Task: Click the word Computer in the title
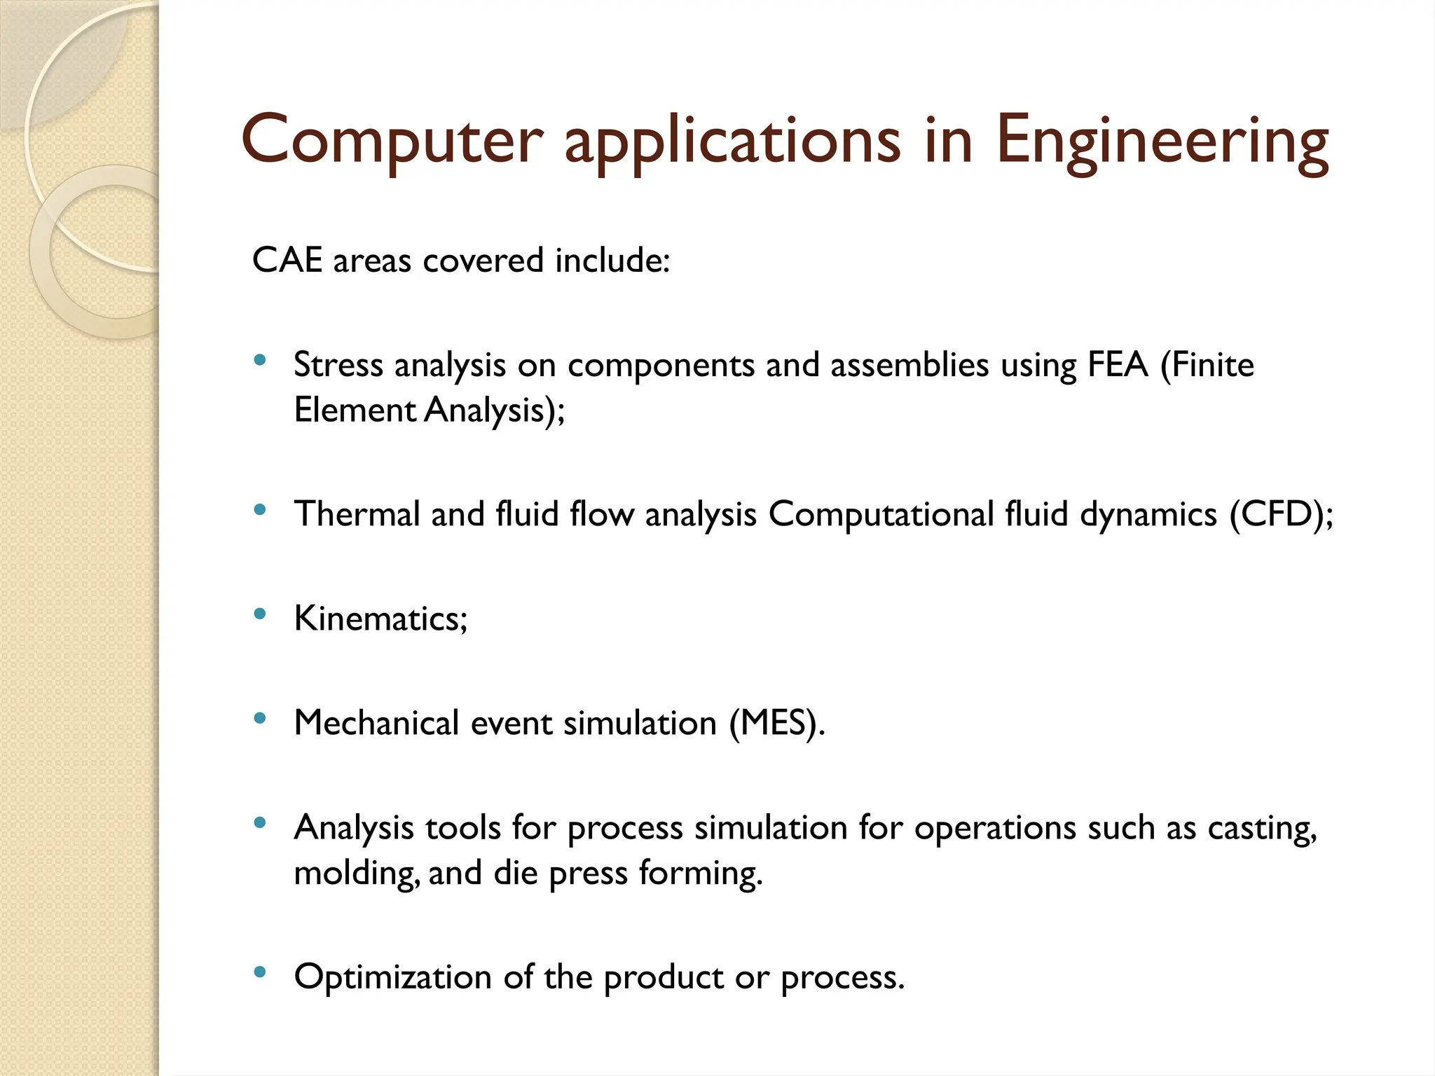[x=392, y=140]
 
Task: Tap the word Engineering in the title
[x=1161, y=142]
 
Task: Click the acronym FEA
[x=1118, y=364]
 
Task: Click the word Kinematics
[x=376, y=619]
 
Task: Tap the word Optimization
[x=392, y=977]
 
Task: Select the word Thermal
[x=356, y=514]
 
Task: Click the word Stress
[x=338, y=364]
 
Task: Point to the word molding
[x=356, y=874]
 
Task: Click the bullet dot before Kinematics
[x=260, y=614]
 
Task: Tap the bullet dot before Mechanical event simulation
[x=260, y=718]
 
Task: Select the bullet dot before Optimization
[x=260, y=972]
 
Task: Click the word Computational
[x=881, y=514]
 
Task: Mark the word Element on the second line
[x=355, y=410]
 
